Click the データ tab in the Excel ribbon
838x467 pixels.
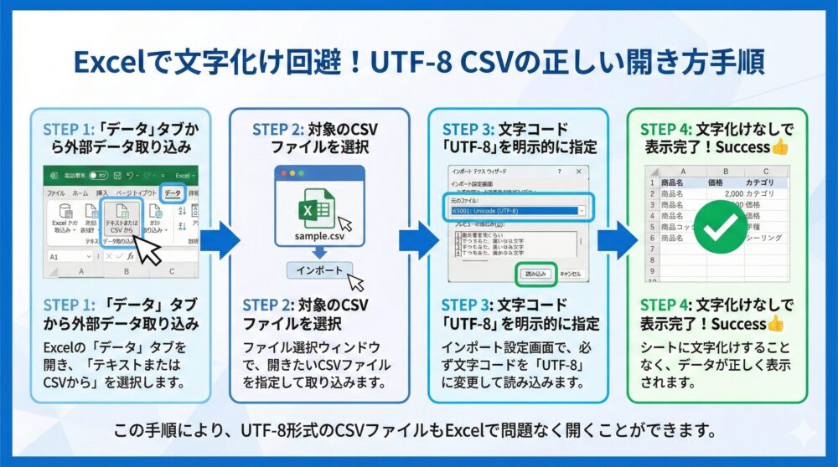[172, 192]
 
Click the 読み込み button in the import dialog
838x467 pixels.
[535, 273]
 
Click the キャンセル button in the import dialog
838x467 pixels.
[570, 273]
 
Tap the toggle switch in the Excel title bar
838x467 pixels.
[98, 177]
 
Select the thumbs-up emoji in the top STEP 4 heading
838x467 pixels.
[779, 146]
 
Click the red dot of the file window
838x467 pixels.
[282, 172]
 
